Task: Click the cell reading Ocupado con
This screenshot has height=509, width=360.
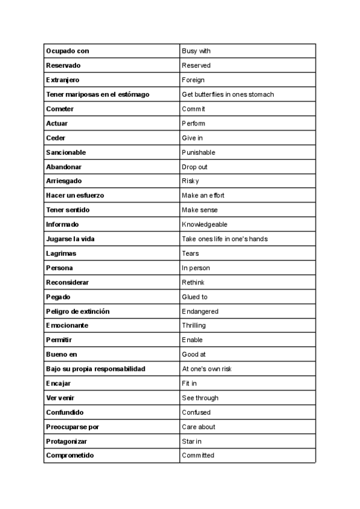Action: pyautogui.click(x=67, y=51)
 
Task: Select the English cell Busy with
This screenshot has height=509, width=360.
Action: pyautogui.click(x=196, y=51)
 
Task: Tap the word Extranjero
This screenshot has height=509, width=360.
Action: pyautogui.click(x=63, y=80)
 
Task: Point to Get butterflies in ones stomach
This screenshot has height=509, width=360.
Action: pyautogui.click(x=227, y=94)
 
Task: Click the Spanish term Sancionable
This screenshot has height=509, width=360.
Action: pyautogui.click(x=66, y=152)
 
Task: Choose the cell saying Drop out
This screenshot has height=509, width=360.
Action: pyautogui.click(x=194, y=167)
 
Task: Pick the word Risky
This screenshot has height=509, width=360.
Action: pyautogui.click(x=190, y=181)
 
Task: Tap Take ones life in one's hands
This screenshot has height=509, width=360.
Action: pyautogui.click(x=224, y=239)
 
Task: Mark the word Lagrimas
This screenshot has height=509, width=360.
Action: pyautogui.click(x=61, y=253)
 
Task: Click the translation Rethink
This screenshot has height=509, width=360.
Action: pyautogui.click(x=193, y=282)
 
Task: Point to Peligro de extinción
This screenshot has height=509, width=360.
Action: pyautogui.click(x=77, y=312)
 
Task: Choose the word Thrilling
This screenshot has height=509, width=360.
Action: pyautogui.click(x=194, y=326)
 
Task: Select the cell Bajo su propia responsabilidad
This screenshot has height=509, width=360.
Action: pyautogui.click(x=95, y=369)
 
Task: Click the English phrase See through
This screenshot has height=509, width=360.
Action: pyautogui.click(x=200, y=398)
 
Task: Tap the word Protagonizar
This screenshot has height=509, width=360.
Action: pyautogui.click(x=67, y=441)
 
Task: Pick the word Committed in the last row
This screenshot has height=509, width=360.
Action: pyautogui.click(x=198, y=456)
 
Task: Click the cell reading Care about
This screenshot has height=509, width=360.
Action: pyautogui.click(x=199, y=427)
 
